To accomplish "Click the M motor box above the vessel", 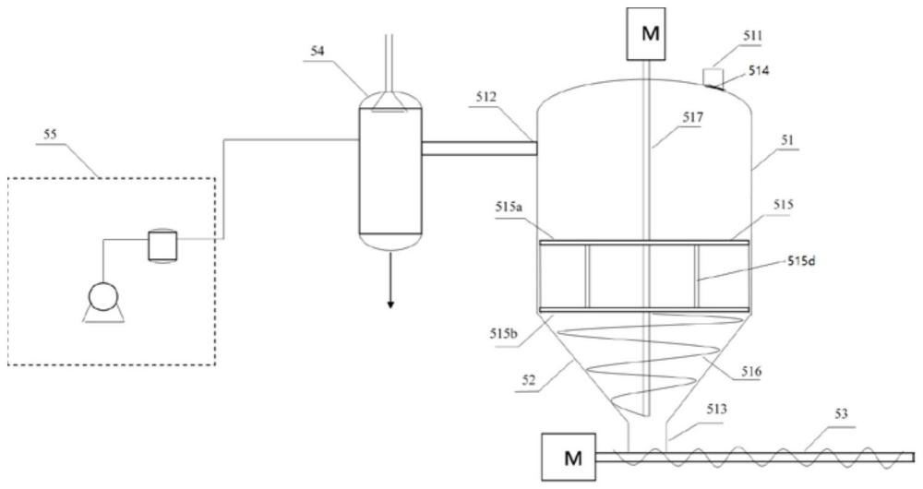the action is (x=646, y=33).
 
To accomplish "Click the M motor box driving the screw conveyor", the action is (x=568, y=458).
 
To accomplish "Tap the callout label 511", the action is (x=752, y=37).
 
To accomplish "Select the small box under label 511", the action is (x=713, y=77).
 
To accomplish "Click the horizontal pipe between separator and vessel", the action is (x=479, y=149).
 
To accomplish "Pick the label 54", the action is (x=318, y=51).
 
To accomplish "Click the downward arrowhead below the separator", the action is (x=390, y=304).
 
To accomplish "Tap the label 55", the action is (x=50, y=134).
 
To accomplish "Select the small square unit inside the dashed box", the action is (x=162, y=245).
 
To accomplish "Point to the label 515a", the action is (x=509, y=209).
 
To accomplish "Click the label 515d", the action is (x=802, y=261).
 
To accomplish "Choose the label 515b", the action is (x=503, y=334).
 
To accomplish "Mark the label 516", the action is (x=751, y=371).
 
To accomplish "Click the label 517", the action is (x=693, y=117).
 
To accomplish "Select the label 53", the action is (x=841, y=413).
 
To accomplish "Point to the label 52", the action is (x=529, y=381).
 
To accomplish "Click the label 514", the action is (x=759, y=71).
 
